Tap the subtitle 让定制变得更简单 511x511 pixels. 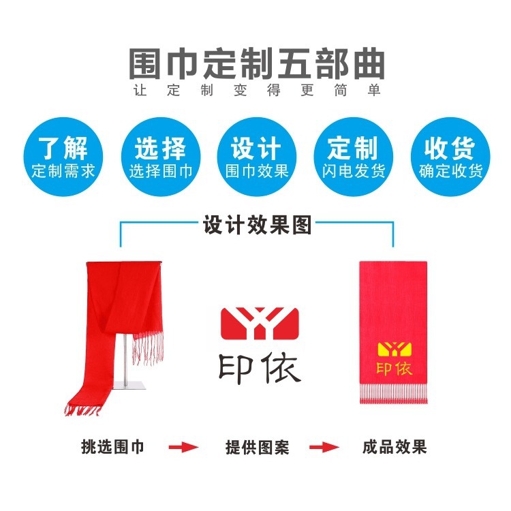click(257, 91)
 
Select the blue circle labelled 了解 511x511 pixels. click(63, 158)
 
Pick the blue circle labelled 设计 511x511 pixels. click(257, 158)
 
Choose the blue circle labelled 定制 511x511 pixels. click(353, 158)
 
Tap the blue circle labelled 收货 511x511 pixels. click(450, 158)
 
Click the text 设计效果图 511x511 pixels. click(257, 225)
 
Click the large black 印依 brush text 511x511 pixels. click(260, 369)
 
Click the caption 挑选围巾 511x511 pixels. click(112, 448)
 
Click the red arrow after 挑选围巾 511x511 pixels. click(183, 448)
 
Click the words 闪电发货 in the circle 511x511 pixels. click(354, 170)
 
